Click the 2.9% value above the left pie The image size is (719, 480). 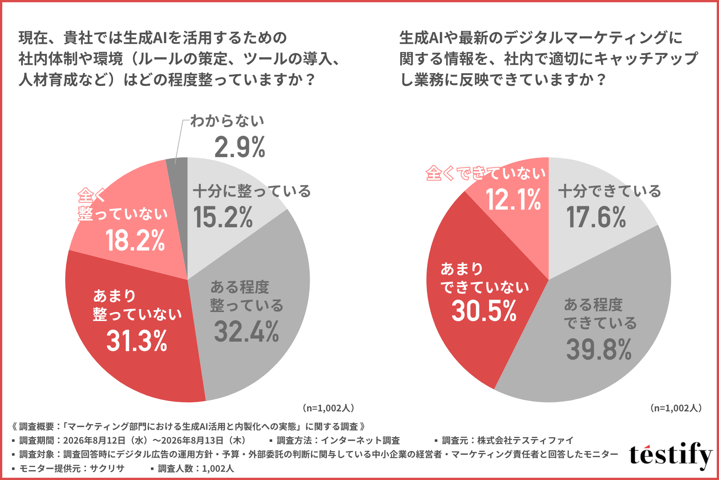pyautogui.click(x=240, y=147)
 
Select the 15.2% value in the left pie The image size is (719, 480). pyautogui.click(x=223, y=217)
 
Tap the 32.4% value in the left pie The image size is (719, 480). pyautogui.click(x=246, y=331)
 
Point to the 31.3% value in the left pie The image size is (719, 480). pyautogui.click(x=137, y=341)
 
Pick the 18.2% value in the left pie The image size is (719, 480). pyautogui.click(x=135, y=240)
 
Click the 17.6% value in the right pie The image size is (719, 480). pyautogui.click(x=596, y=217)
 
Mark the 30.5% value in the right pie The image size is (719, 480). pyautogui.click(x=484, y=311)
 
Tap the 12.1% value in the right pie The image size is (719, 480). pyautogui.click(x=513, y=199)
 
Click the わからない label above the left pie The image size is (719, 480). pyautogui.click(x=227, y=121)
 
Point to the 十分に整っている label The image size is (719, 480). pyautogui.click(x=252, y=191)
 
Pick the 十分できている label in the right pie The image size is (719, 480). pyautogui.click(x=610, y=191)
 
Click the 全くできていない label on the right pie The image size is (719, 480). pyautogui.click(x=486, y=173)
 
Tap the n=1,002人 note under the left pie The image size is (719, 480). pyautogui.click(x=328, y=408)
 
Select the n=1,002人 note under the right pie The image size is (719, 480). pyautogui.click(x=676, y=408)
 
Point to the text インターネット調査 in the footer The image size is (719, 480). pyautogui.click(x=360, y=440)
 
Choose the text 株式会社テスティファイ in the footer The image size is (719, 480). pyautogui.click(x=525, y=440)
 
